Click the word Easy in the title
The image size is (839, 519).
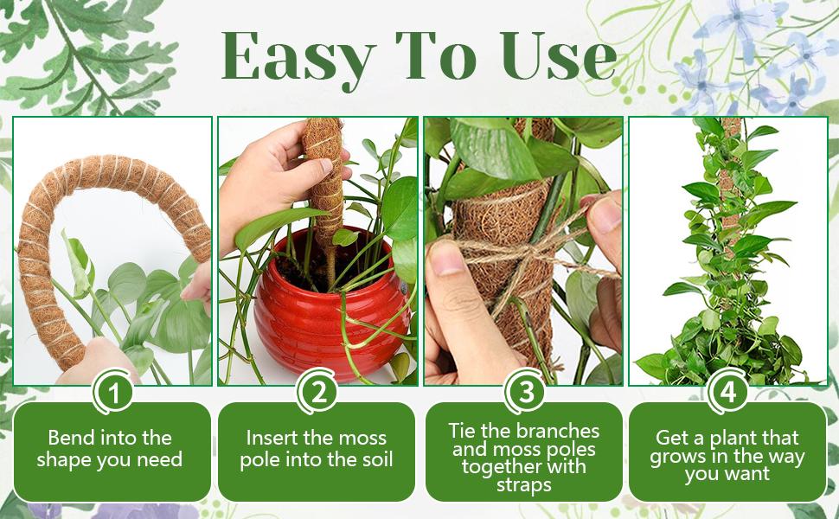(x=294, y=56)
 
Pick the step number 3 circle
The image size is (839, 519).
(x=524, y=393)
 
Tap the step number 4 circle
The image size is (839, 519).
(x=728, y=393)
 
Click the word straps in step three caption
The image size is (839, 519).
(x=523, y=485)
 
